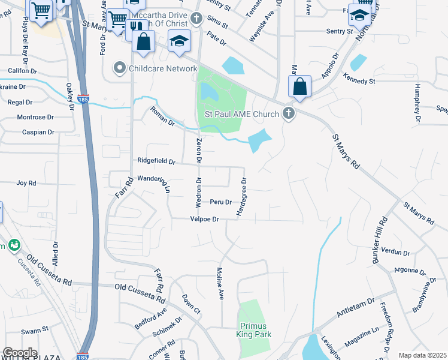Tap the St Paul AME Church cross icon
289,113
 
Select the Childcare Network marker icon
122,68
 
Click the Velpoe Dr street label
205,220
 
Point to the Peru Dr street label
220,202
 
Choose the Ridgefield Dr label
156,161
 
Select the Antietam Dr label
355,306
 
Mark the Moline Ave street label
220,284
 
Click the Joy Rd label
26,183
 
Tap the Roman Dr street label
162,115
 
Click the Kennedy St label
359,80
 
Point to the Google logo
20,353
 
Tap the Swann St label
35,330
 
